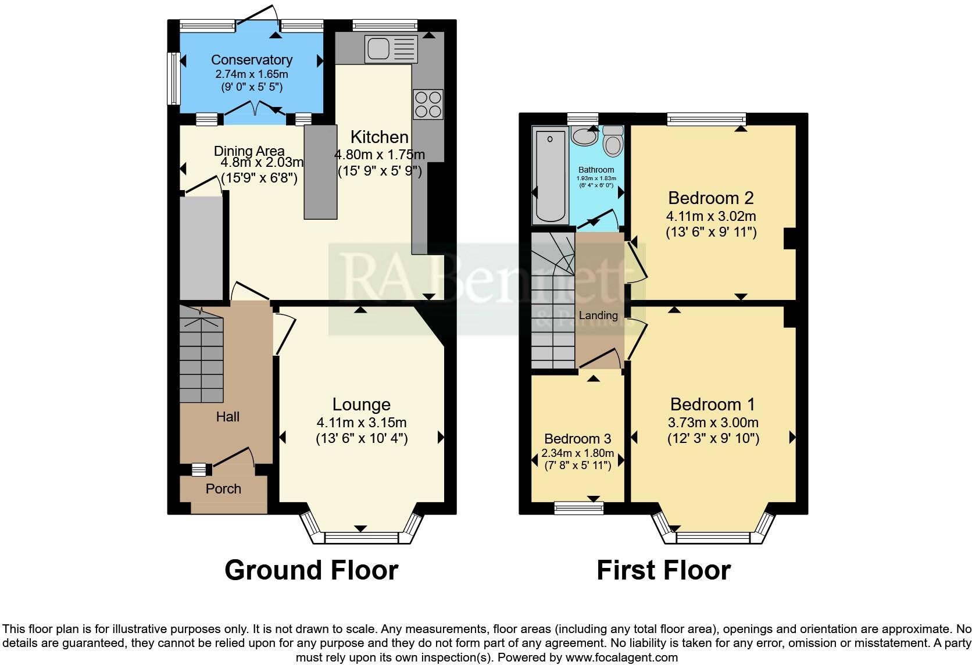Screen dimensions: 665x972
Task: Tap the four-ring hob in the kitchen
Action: (428, 104)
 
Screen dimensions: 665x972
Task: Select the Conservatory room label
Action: (251, 60)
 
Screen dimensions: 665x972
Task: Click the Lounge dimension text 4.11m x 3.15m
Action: (361, 423)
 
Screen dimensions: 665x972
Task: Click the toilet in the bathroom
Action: (613, 141)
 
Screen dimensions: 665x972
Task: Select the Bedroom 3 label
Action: (577, 439)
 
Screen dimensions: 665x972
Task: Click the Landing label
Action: (598, 316)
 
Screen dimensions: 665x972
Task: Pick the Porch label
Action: (223, 489)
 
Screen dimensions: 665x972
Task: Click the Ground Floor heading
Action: (311, 570)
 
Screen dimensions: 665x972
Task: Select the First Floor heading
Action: (663, 570)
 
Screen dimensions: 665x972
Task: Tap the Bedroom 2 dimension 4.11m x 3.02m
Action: (710, 217)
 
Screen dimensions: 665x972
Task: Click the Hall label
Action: (227, 417)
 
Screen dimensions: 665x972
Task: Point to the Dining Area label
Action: (249, 151)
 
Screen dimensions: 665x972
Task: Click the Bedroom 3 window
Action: (578, 509)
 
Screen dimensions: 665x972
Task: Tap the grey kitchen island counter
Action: (320, 172)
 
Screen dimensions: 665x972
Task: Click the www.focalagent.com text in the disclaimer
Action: (621, 658)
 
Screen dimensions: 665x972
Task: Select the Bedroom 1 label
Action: (712, 404)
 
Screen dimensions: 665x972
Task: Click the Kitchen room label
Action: (379, 137)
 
